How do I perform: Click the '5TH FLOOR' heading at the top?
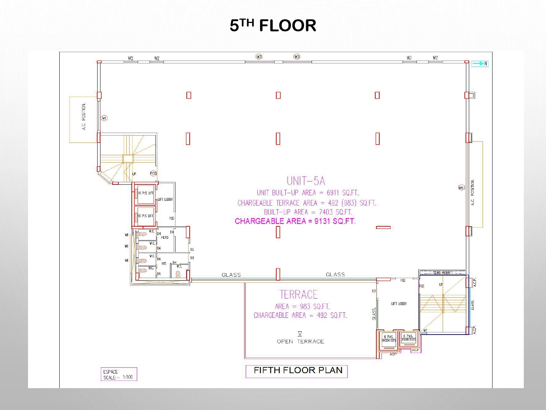[x=273, y=26]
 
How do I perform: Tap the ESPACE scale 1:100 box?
[x=119, y=374]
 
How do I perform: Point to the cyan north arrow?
[x=479, y=64]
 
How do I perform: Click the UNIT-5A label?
[x=306, y=181]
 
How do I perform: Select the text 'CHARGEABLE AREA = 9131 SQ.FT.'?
[x=295, y=221]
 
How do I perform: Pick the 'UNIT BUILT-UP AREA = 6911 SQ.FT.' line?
[x=308, y=193]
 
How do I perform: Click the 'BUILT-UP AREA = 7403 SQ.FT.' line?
[x=308, y=212]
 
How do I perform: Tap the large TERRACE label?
[x=298, y=294]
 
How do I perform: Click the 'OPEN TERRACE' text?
[x=300, y=341]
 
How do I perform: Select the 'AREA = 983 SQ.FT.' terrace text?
[x=302, y=306]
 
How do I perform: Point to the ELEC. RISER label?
[x=442, y=273]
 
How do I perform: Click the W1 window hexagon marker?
[x=104, y=118]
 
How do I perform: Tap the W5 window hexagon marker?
[x=462, y=188]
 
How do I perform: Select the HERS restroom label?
[x=165, y=238]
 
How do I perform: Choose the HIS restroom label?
[x=164, y=263]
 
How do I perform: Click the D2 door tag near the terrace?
[x=374, y=291]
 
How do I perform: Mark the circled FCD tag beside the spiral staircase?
[x=153, y=173]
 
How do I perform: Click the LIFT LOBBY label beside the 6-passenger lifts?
[x=399, y=304]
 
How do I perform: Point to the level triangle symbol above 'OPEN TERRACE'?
[x=300, y=333]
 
